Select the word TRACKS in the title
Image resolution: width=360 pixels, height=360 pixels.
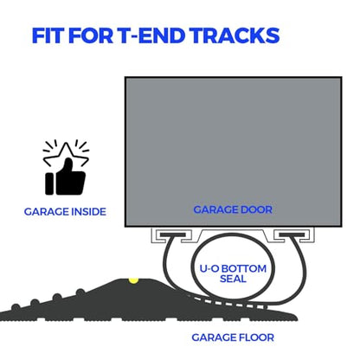click(235, 35)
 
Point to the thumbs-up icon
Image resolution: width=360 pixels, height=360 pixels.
click(66, 177)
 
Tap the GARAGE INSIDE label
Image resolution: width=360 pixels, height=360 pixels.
click(65, 212)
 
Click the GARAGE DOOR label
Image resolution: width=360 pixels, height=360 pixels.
click(233, 209)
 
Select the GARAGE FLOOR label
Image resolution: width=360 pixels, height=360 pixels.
click(233, 337)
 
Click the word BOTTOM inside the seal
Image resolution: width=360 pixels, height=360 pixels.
click(244, 268)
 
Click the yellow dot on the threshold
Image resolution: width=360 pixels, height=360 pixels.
click(133, 280)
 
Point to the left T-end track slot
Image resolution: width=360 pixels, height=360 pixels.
click(172, 235)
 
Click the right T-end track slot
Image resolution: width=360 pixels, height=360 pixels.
click(292, 235)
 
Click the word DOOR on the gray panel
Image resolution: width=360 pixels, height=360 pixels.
click(256, 209)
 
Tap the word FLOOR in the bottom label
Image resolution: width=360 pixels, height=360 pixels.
click(256, 337)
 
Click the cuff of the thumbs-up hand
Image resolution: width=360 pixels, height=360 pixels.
click(49, 183)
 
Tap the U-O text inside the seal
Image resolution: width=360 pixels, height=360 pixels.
click(209, 268)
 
